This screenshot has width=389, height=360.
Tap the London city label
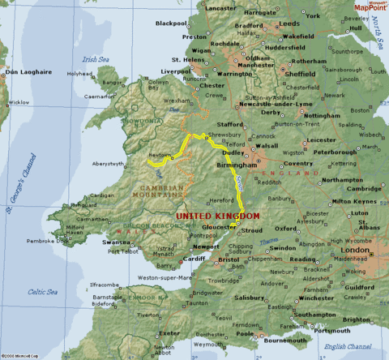point(357,251)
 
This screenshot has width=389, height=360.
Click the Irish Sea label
point(95,58)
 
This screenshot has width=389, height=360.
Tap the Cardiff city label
point(194,259)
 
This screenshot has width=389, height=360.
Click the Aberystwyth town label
point(108,164)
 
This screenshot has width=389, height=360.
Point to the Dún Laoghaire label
point(23,73)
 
